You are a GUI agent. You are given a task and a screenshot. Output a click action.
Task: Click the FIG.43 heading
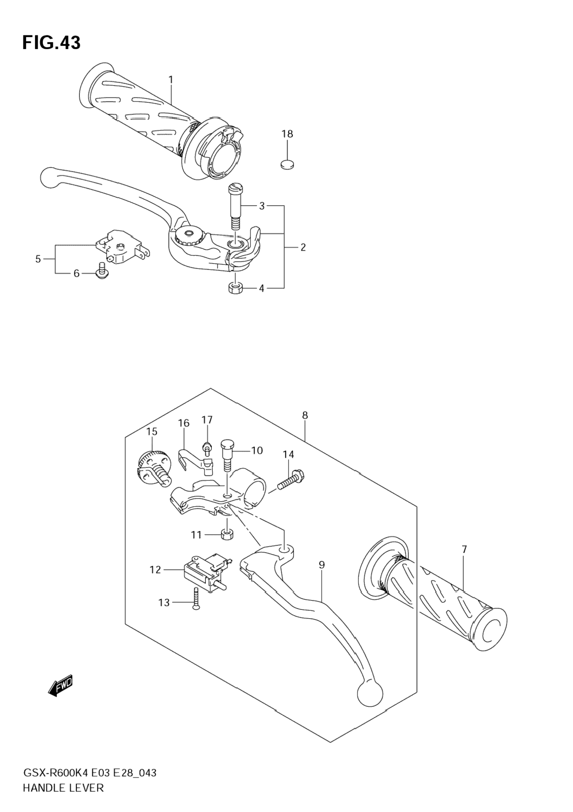tap(51, 43)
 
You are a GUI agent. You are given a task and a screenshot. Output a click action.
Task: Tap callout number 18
tap(287, 134)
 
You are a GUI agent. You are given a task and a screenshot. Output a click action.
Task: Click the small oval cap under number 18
tap(288, 164)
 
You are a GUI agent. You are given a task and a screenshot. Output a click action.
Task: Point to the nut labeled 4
tap(235, 288)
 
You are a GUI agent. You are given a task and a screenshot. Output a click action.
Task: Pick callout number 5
tap(38, 259)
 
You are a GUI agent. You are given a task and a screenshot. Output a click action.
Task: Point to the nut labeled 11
tap(227, 535)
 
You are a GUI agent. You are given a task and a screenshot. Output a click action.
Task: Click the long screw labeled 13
tap(196, 599)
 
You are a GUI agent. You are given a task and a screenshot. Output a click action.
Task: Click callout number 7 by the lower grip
tap(464, 549)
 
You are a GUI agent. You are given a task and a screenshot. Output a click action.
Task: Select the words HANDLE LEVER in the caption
tap(63, 788)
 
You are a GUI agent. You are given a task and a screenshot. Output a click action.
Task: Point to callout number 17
tap(207, 420)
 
